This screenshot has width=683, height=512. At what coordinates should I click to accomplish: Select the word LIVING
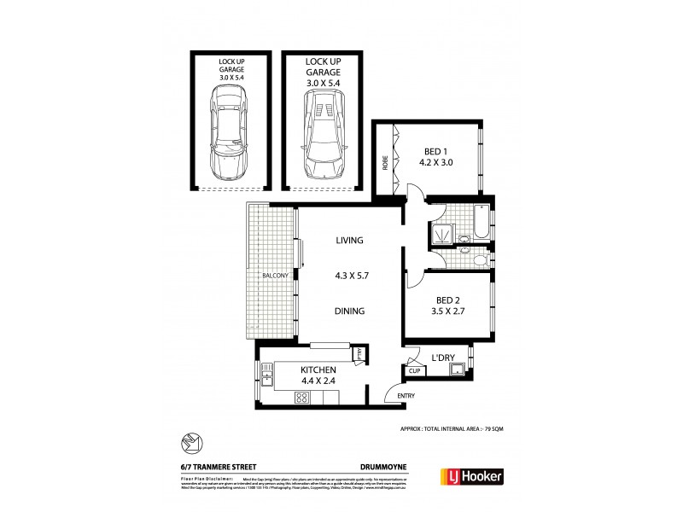[x=350, y=240]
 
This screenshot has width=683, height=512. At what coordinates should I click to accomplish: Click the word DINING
[x=350, y=311]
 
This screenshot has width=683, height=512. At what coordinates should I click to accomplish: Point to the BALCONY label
[x=274, y=276]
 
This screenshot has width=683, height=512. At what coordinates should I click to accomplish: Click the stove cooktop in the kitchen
[x=302, y=397]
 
